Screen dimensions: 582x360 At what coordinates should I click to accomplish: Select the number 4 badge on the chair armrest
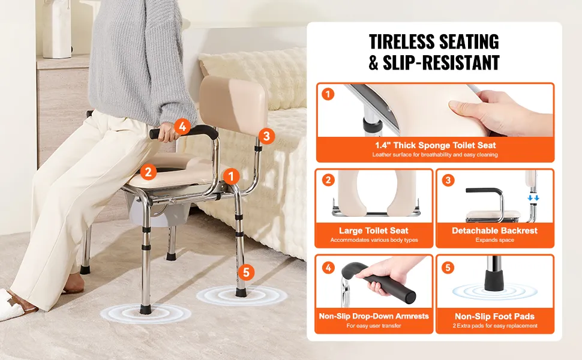[182, 127]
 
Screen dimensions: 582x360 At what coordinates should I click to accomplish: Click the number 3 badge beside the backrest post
[266, 136]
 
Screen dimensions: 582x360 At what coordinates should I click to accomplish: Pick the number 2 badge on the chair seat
[148, 172]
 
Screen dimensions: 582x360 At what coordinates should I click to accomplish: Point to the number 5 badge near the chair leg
[246, 273]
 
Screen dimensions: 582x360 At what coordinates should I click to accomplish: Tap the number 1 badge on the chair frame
[231, 176]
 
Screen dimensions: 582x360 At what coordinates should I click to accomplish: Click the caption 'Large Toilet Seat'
[374, 230]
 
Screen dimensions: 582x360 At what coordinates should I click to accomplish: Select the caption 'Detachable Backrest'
[494, 230]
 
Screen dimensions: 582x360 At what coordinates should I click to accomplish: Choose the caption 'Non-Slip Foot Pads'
[495, 317]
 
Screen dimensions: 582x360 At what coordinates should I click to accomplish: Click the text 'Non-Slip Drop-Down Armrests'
[374, 316]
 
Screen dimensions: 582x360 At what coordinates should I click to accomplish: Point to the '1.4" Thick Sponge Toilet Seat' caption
[436, 145]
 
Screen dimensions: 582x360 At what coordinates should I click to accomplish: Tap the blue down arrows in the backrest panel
[533, 198]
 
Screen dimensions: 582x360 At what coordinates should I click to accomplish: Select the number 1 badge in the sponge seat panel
[328, 94]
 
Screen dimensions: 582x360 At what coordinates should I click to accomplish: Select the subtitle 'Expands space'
[495, 240]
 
